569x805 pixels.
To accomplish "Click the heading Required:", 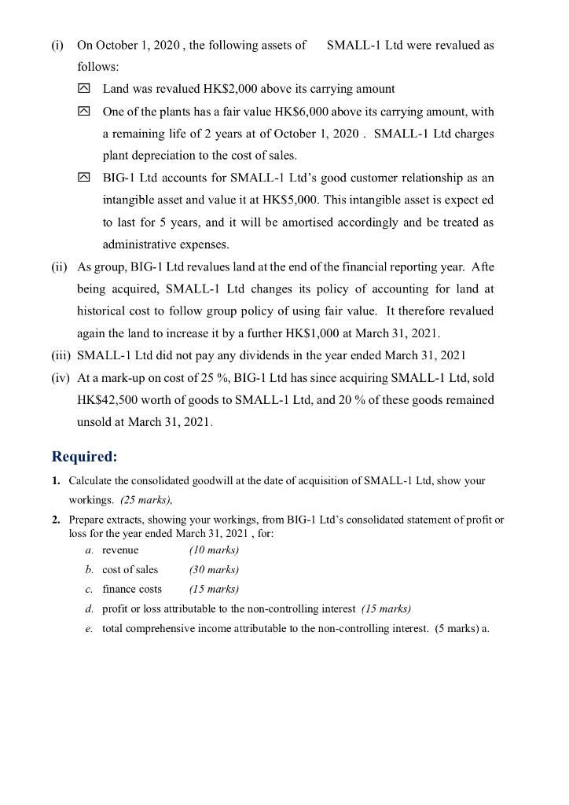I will tap(84, 457).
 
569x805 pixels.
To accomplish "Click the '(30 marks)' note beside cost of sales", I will tap(214, 569).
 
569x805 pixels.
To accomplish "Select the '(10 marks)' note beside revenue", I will tap(214, 550).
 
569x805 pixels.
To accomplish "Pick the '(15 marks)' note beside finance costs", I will tap(214, 589).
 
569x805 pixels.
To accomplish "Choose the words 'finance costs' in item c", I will tap(132, 589).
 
